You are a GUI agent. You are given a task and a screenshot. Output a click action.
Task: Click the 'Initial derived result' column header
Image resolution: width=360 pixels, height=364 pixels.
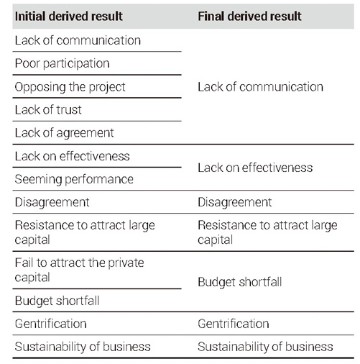(x=69, y=17)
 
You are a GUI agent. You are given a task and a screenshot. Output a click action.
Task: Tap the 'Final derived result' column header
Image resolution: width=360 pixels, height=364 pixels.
(x=249, y=17)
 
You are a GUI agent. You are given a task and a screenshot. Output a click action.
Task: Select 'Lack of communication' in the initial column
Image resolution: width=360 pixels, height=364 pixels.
(x=78, y=40)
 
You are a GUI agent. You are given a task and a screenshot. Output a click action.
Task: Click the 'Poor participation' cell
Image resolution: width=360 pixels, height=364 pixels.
(x=62, y=64)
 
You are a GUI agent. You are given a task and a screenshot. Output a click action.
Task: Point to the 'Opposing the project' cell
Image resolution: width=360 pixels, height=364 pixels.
(x=70, y=87)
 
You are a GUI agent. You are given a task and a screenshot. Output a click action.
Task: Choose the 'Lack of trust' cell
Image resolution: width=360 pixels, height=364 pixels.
(x=48, y=110)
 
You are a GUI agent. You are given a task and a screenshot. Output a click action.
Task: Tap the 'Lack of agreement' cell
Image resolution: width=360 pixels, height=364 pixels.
(x=64, y=133)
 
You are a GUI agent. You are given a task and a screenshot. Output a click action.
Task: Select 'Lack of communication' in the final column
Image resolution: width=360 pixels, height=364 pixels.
(x=260, y=87)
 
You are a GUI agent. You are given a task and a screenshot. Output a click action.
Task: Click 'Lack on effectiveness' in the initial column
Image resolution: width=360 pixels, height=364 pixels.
(x=72, y=156)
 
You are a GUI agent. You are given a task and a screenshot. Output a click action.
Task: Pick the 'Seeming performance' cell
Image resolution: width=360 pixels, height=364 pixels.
(x=74, y=179)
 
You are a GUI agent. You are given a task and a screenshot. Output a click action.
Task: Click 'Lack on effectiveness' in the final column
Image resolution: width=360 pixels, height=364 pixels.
(x=255, y=168)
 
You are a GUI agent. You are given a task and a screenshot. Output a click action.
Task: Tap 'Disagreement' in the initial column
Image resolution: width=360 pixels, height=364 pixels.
(x=52, y=202)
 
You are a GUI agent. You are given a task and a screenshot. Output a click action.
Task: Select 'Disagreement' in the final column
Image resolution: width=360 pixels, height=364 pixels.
(x=235, y=202)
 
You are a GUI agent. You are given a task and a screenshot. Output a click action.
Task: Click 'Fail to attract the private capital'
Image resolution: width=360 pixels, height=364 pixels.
(x=79, y=270)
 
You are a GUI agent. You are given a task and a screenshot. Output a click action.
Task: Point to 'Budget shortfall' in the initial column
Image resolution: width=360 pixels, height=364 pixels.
(x=57, y=301)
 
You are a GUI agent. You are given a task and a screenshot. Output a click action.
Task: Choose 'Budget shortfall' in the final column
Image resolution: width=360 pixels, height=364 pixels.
(x=240, y=282)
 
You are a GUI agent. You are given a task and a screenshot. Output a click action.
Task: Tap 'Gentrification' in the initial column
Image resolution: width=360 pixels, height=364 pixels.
(x=50, y=324)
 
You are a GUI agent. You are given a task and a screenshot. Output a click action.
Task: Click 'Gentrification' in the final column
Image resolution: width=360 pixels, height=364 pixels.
(x=234, y=324)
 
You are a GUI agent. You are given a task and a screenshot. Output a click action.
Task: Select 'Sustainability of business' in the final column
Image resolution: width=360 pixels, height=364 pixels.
(x=265, y=347)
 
